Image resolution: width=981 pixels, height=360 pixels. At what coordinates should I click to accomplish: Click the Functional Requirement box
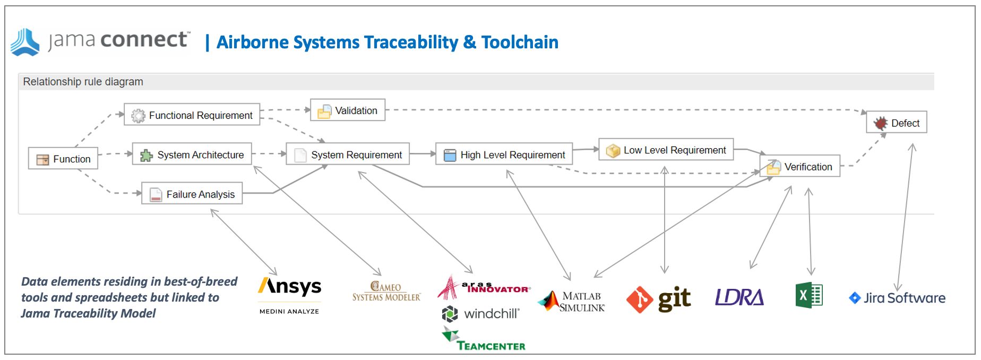click(192, 115)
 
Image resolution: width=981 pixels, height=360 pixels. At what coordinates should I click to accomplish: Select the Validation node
click(348, 110)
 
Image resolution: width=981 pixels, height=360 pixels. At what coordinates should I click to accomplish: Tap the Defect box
click(897, 123)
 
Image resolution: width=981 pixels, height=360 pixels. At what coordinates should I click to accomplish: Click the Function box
click(63, 159)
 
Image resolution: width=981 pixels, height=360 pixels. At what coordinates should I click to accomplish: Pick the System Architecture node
click(192, 155)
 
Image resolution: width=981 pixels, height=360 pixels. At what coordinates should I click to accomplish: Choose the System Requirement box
click(348, 155)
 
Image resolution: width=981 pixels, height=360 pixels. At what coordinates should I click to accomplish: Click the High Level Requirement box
click(504, 155)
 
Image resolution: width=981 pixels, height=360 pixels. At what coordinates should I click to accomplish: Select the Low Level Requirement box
click(666, 150)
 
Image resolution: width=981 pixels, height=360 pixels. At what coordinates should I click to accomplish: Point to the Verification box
click(800, 167)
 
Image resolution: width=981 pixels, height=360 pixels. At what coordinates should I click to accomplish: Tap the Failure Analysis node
click(192, 194)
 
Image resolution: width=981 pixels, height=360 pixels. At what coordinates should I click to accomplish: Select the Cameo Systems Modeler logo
click(386, 292)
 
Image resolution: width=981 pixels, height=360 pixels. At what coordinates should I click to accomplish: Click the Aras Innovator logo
click(484, 287)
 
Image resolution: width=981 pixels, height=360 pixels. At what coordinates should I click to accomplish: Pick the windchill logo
click(480, 314)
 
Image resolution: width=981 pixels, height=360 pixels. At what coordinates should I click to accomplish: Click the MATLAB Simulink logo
click(572, 301)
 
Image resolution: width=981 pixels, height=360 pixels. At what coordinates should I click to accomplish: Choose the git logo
click(659, 299)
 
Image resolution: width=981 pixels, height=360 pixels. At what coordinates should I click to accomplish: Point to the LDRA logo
click(739, 297)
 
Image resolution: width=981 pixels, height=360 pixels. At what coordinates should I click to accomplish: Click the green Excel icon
click(809, 295)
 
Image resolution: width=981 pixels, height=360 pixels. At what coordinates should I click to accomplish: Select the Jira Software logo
click(897, 298)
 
